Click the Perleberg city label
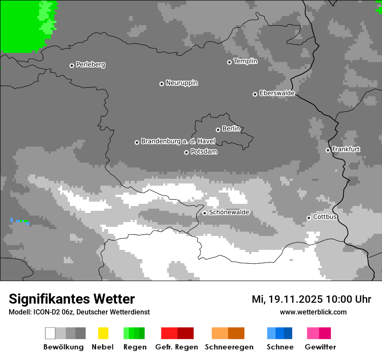pos(90,65)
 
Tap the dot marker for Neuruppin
pos(161,84)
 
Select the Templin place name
pos(245,61)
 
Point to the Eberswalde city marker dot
pos(255,94)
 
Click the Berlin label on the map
pos(231,129)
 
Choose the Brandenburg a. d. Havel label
pos(178,141)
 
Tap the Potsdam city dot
pos(186,152)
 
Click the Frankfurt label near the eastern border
pos(346,149)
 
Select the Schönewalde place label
pos(229,213)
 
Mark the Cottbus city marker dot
pos(309,218)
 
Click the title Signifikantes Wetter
pos(72,299)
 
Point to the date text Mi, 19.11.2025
pos(287,299)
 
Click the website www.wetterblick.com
pos(313,312)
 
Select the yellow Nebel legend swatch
pos(103,333)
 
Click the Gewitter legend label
pos(320,347)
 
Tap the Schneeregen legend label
pos(229,347)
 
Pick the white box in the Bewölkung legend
pos(50,333)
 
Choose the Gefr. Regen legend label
pos(176,347)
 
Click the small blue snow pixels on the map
pos(12,220)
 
